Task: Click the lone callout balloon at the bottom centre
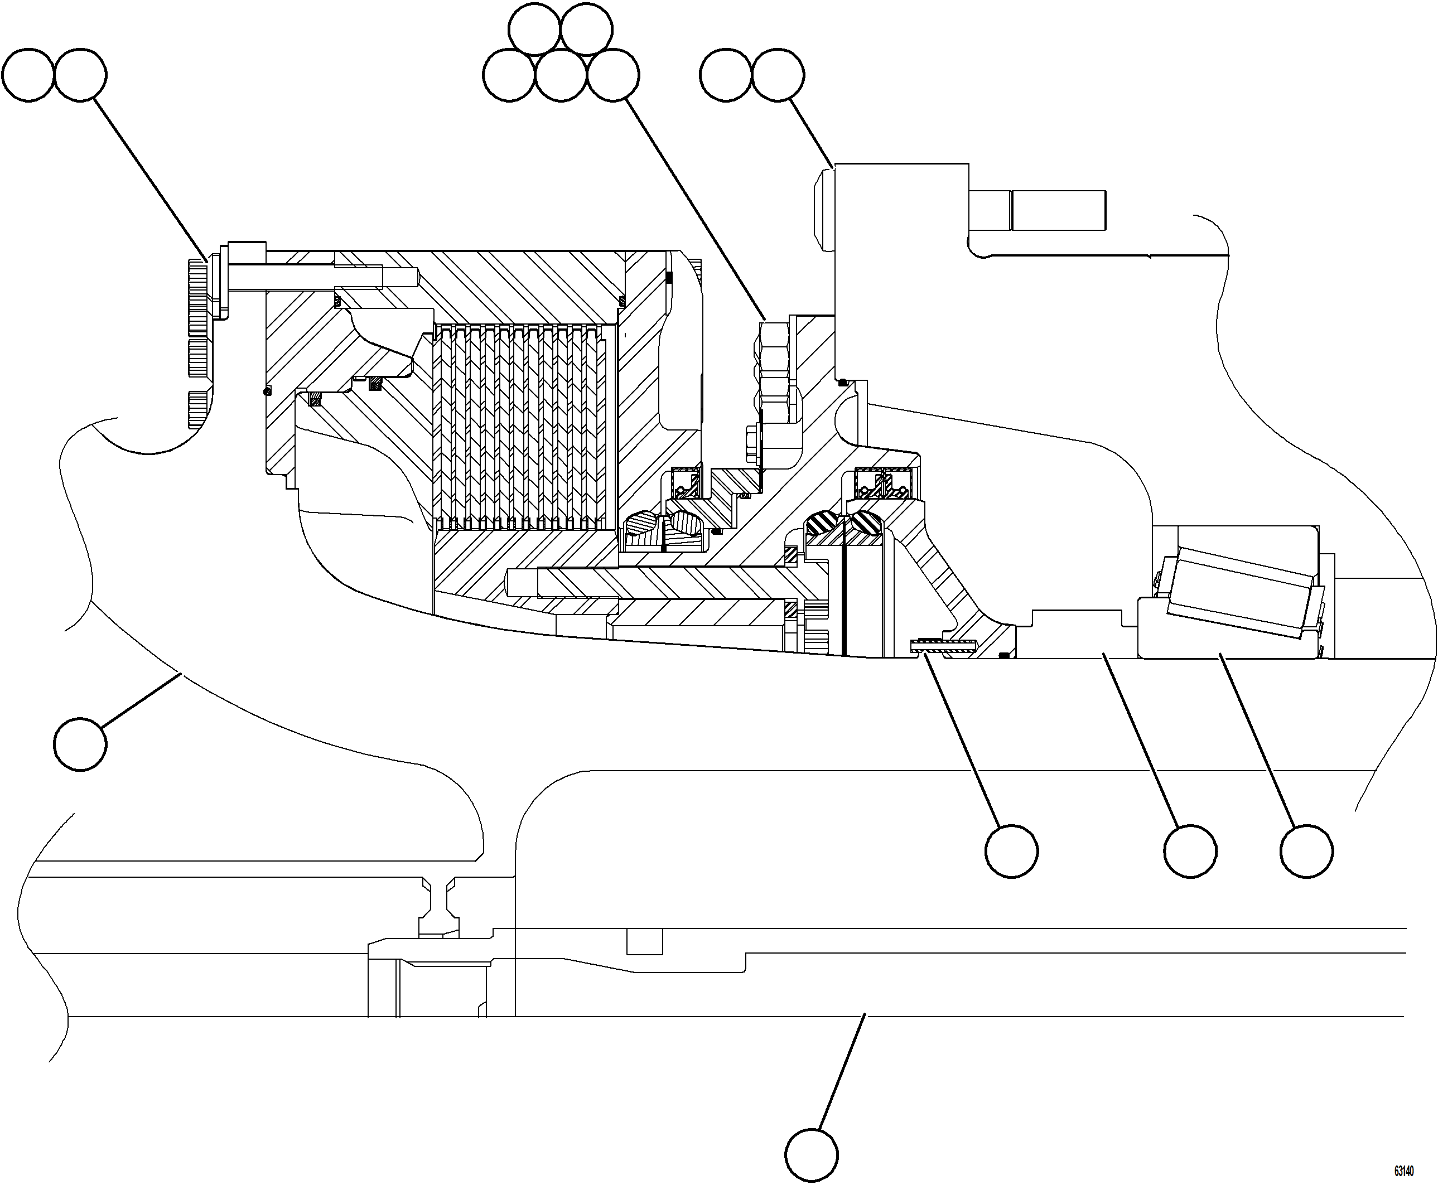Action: pos(811,1155)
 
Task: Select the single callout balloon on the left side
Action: pos(80,744)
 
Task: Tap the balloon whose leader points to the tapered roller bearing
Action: pos(1306,851)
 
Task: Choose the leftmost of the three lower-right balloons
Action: pos(1012,851)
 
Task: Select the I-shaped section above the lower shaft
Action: pos(438,905)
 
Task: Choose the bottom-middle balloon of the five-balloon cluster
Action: pos(561,75)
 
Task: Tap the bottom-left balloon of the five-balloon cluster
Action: pos(509,75)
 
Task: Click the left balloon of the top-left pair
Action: pos(27,75)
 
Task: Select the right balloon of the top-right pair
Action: pos(778,75)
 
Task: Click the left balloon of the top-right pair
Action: pos(726,75)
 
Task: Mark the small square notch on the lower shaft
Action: pos(644,941)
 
